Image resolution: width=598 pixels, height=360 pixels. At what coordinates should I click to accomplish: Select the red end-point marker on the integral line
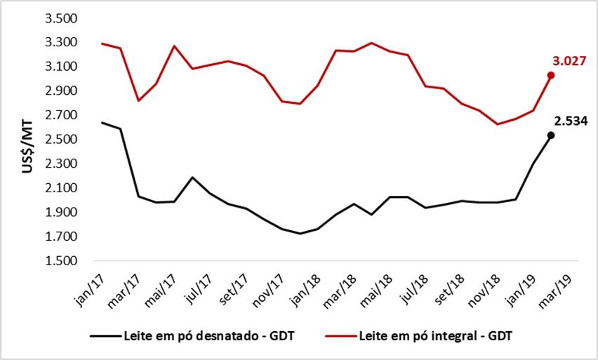coord(551,75)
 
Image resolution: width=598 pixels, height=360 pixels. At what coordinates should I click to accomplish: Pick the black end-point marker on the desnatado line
coord(551,135)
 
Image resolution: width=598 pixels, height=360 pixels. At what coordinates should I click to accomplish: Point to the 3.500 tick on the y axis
coord(61,18)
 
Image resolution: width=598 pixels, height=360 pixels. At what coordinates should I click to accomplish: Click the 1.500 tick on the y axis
coord(61,261)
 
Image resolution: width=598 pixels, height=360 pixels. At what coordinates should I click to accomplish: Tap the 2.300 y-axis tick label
coord(61,164)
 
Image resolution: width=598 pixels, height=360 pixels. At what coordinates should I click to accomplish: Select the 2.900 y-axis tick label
coord(61,91)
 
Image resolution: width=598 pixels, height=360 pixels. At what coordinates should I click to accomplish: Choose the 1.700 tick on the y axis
coord(61,237)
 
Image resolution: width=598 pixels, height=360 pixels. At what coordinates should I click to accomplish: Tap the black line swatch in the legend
coord(106,336)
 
